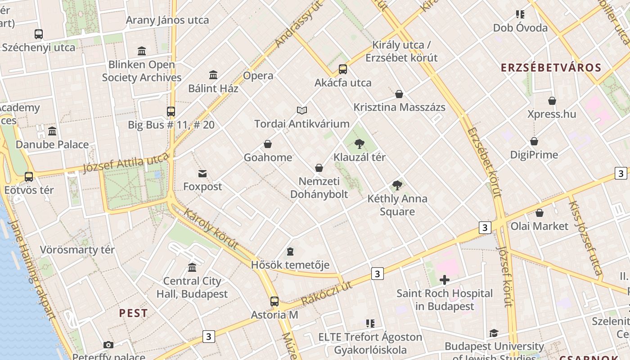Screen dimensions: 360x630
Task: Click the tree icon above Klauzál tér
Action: [359, 144]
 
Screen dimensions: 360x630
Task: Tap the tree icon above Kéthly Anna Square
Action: [397, 185]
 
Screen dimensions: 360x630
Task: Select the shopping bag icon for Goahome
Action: [268, 144]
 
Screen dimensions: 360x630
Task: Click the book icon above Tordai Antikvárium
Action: [301, 110]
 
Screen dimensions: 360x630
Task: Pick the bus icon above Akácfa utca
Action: [343, 69]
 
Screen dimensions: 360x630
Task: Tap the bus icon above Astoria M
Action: [274, 301]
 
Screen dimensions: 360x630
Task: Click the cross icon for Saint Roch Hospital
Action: [444, 280]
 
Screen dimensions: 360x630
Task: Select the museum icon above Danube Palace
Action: [52, 131]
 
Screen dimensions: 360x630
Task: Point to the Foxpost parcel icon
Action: [202, 174]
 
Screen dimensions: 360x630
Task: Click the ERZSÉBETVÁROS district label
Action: [551, 68]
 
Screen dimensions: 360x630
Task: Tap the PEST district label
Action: [133, 313]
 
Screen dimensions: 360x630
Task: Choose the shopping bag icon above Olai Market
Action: [539, 213]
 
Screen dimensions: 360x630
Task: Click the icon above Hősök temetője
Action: [290, 252]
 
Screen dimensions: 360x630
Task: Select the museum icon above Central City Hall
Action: [192, 268]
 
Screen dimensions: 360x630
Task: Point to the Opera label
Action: [258, 76]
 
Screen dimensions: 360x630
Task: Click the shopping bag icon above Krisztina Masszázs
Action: [399, 94]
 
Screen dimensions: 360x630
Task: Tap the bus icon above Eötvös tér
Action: [29, 177]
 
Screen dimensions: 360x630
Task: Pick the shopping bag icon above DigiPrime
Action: [534, 141]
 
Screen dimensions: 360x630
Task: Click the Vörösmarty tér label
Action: [77, 250]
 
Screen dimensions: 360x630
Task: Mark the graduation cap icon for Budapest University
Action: [494, 333]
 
